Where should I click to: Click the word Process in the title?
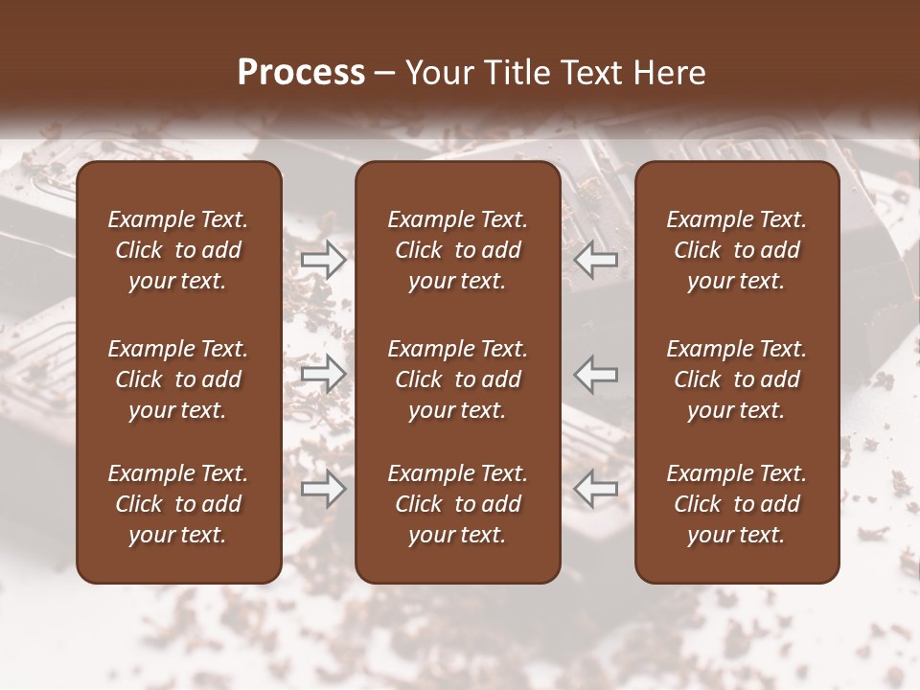(x=301, y=73)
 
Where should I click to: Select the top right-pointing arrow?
(x=324, y=259)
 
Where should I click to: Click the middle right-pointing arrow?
(x=324, y=373)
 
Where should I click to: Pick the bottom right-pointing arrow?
(x=324, y=489)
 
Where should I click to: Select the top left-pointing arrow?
(x=596, y=259)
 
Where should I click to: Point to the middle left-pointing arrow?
(x=596, y=373)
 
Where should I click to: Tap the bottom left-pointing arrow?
(x=596, y=489)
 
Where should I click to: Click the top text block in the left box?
(x=178, y=250)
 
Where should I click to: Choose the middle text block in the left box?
(x=178, y=379)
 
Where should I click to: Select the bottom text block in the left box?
(x=178, y=504)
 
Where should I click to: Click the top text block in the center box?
(x=458, y=250)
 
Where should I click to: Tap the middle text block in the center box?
(x=458, y=379)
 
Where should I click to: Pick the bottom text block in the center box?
(x=458, y=504)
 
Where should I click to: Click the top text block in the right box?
(x=737, y=250)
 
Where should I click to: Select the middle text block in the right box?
(x=737, y=379)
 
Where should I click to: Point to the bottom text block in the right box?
(x=737, y=504)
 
